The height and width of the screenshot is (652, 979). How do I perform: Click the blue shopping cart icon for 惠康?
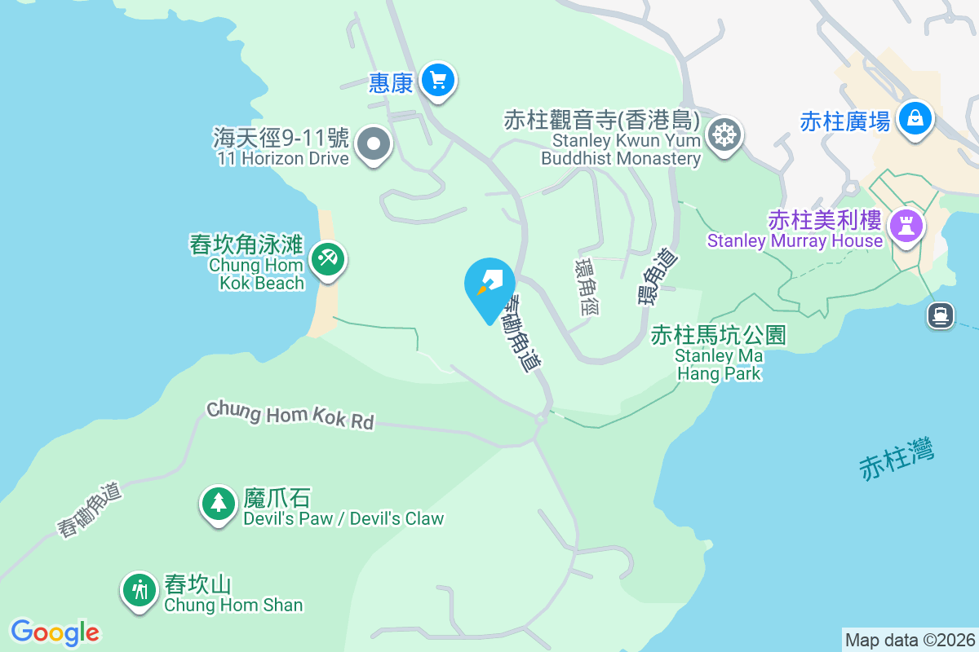click(x=439, y=81)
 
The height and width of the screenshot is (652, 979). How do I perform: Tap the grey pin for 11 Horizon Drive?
click(x=374, y=144)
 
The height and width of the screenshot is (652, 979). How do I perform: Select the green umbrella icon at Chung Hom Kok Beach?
click(x=328, y=260)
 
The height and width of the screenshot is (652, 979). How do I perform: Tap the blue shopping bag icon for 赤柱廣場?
click(x=915, y=119)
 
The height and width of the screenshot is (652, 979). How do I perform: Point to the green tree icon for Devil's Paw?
click(x=218, y=503)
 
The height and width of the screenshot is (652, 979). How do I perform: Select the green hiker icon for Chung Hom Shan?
click(x=140, y=589)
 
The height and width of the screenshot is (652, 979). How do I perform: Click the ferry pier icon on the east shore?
click(x=941, y=315)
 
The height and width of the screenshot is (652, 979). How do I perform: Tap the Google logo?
click(x=55, y=632)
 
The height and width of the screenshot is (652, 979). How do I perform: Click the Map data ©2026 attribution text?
click(x=910, y=640)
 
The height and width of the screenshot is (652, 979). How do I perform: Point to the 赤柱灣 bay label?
click(x=897, y=458)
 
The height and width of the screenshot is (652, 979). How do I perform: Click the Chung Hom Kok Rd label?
click(x=290, y=414)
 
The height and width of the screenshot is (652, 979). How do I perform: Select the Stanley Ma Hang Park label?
click(x=719, y=364)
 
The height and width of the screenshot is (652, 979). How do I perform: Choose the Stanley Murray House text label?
click(x=795, y=240)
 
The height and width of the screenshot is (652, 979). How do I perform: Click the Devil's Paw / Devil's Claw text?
click(x=343, y=518)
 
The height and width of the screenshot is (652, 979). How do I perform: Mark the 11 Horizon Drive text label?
click(x=283, y=158)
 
